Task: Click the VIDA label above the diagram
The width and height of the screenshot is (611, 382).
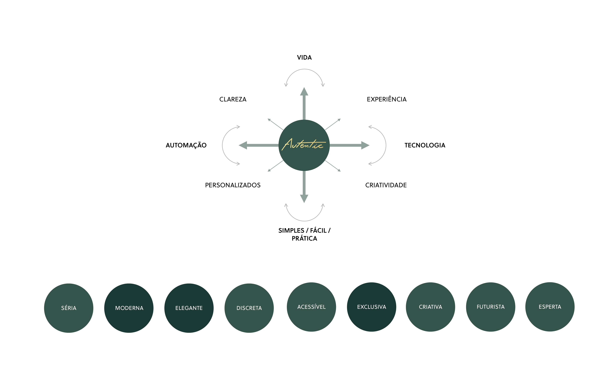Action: coord(304,58)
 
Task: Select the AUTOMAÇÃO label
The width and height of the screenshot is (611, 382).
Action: coord(186,145)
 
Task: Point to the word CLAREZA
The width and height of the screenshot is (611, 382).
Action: coord(233,99)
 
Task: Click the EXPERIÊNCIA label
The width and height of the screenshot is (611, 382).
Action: coord(386,99)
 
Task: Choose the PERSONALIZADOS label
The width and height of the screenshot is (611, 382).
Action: coord(232,185)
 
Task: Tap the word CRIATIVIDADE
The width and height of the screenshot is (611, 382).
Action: coord(386,185)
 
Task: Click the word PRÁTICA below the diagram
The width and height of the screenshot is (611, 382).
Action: coord(304,238)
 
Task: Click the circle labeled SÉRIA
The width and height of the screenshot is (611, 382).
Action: coord(69,308)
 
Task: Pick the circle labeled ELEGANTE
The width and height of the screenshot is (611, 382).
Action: coord(189,308)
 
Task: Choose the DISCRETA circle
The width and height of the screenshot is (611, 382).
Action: coord(249,308)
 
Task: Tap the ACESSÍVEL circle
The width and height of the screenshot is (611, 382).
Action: coord(311,307)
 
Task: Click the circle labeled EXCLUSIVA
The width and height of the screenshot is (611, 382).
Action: coord(371,307)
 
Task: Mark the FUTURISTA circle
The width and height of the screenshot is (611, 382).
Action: coord(491,307)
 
